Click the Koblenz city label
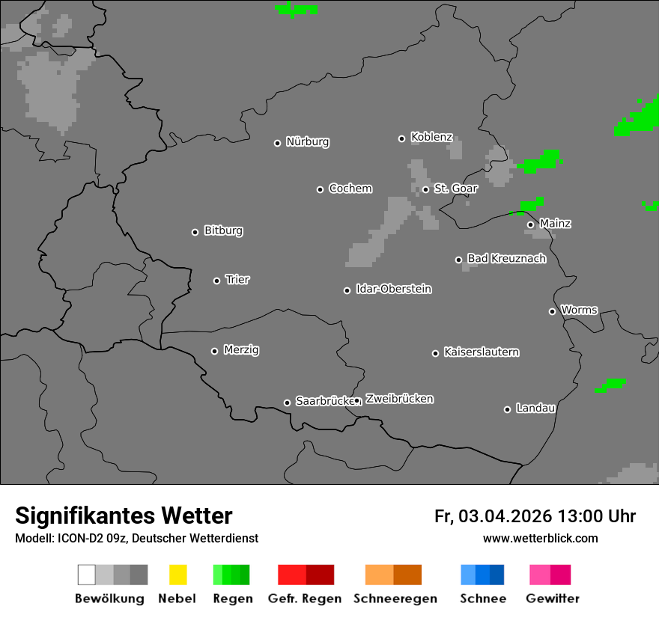(431, 137)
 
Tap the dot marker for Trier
(217, 281)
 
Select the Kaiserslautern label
(481, 352)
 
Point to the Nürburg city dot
(277, 143)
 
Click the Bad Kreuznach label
(506, 258)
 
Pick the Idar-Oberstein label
(393, 289)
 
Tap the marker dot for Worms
(553, 311)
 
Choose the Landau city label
(535, 408)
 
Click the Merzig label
(241, 349)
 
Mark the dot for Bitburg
(195, 232)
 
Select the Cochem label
(350, 188)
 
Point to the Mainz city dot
(530, 224)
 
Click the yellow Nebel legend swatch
(177, 575)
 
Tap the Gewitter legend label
(553, 599)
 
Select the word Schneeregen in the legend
(395, 599)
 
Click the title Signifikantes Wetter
(124, 516)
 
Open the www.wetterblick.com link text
(540, 538)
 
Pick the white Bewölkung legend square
(86, 575)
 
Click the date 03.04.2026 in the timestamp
(505, 516)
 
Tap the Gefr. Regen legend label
(305, 599)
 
